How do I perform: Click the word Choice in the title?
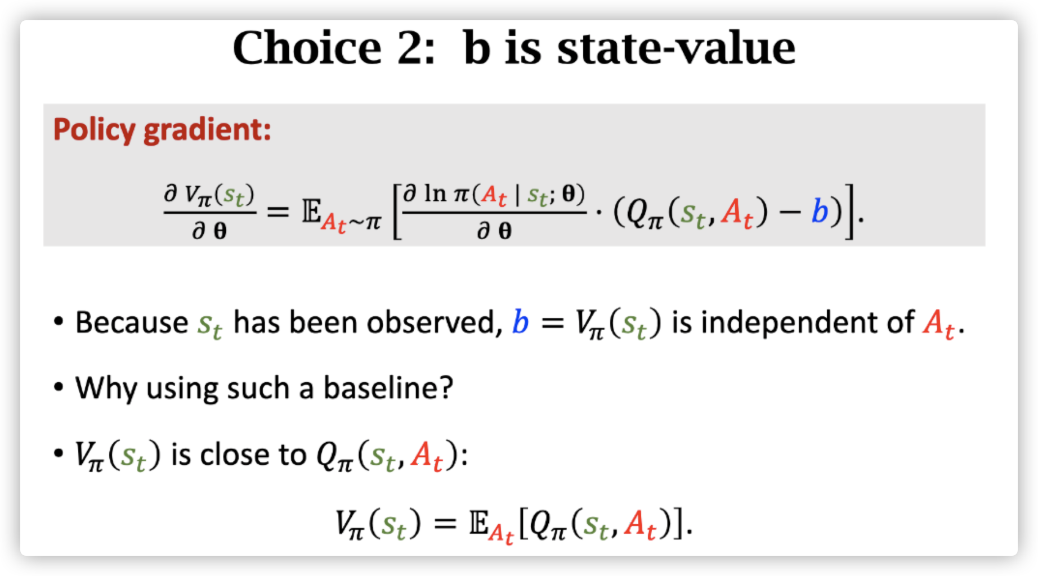307,48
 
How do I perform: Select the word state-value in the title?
676,48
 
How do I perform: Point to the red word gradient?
207,130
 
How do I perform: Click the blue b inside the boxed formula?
820,211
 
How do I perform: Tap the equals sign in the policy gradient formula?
278,212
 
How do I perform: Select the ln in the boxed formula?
435,194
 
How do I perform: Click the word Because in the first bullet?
132,323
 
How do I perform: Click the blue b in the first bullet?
520,323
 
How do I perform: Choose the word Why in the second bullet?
106,388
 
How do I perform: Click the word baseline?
388,388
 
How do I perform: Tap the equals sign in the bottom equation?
445,524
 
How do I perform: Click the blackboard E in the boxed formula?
311,212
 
